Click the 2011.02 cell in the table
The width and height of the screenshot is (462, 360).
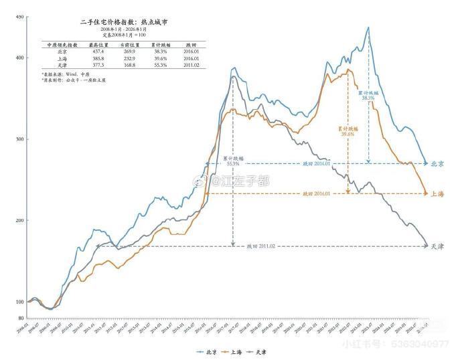(190, 65)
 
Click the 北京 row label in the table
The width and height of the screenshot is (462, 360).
(62, 51)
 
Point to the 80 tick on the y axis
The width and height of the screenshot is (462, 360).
(21, 318)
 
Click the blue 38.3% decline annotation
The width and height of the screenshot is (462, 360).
(368, 98)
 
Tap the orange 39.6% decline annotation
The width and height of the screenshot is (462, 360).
(347, 134)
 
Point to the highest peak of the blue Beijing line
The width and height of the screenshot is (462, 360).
(368, 28)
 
